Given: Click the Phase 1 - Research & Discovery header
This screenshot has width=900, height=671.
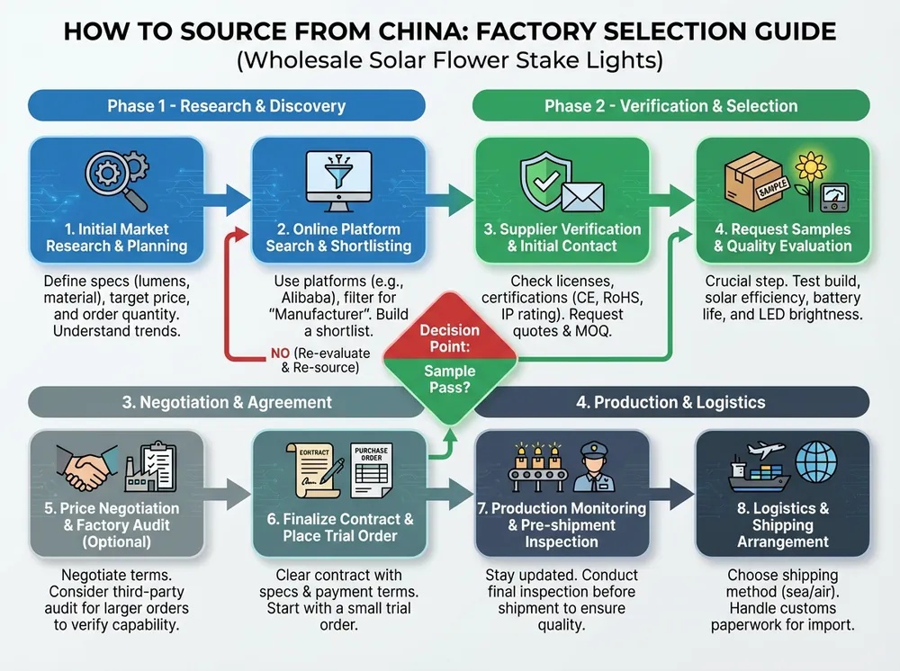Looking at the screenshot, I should click(226, 106).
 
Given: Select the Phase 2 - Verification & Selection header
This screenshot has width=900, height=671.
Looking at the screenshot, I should click(670, 106).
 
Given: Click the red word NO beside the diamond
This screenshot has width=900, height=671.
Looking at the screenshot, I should click(280, 353).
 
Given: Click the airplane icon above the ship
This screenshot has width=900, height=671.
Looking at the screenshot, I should click(771, 451).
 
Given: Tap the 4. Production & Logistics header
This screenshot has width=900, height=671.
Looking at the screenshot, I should click(671, 402).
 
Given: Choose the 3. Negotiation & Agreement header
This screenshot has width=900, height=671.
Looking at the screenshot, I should click(227, 402).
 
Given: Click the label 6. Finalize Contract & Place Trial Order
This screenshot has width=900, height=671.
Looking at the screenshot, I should click(339, 528).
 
